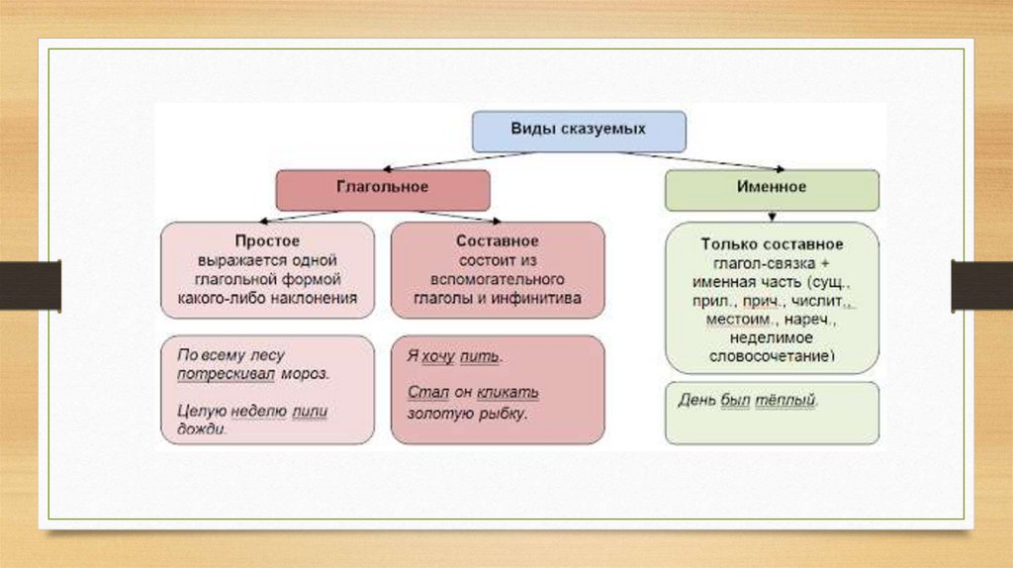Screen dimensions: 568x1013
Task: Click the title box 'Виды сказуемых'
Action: (578, 131)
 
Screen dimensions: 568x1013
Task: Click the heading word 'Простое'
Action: (267, 241)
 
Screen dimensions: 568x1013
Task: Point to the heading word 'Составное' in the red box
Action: (498, 241)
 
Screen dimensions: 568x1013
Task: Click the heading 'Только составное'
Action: (772, 244)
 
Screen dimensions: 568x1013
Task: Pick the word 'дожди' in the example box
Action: (202, 429)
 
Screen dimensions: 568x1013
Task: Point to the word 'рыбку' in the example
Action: (501, 413)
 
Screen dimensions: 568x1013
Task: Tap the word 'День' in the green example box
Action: (696, 402)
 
